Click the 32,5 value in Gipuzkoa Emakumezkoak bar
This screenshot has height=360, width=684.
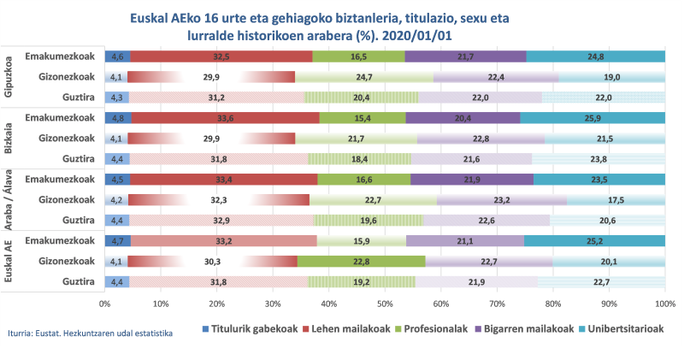[x=221, y=56]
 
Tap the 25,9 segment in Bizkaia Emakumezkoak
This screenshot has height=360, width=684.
[x=593, y=118]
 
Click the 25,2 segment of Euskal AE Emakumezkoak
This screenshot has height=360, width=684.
[x=595, y=241]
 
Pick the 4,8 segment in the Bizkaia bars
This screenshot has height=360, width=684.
[x=117, y=118]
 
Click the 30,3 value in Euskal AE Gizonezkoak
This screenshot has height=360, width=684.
[x=212, y=262]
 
